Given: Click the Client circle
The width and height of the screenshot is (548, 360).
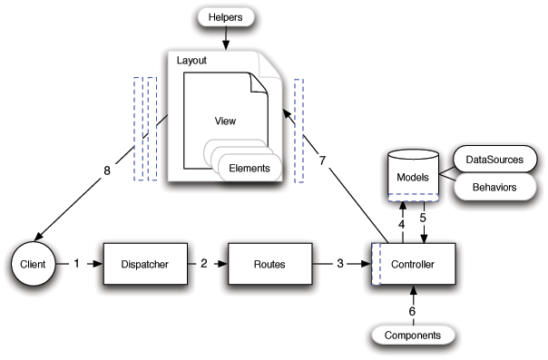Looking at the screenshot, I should coord(29,265).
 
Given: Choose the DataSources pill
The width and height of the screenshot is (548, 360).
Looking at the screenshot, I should coord(494,161).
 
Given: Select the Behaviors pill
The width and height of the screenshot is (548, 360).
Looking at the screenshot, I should coord(494,187).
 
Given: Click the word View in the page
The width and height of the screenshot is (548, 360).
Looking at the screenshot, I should coord(224,120).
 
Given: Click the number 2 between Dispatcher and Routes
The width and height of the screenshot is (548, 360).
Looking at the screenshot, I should coord(204,265).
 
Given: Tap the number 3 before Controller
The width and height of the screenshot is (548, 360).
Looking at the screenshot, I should coord(339,265).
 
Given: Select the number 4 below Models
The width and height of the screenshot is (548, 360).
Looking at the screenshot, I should coord(403,222).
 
